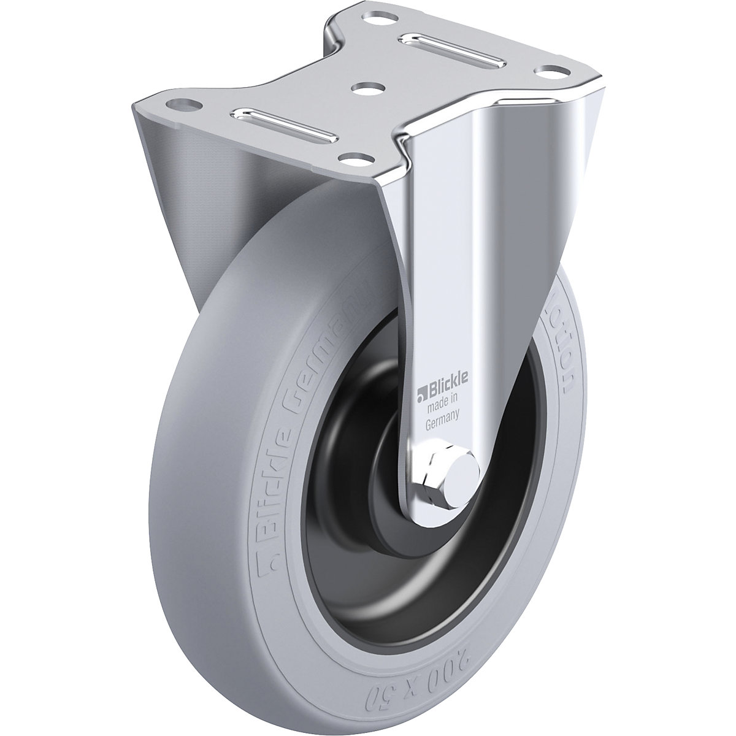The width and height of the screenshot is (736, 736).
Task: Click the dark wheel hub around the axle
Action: tap(368, 491)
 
